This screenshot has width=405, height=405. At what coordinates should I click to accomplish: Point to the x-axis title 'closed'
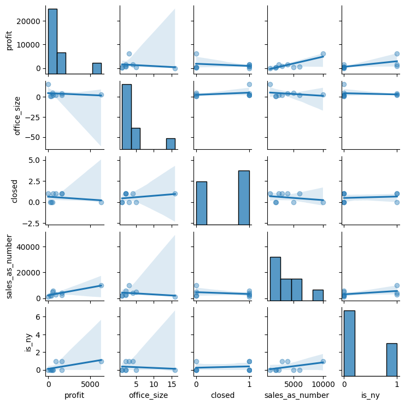point(222,395)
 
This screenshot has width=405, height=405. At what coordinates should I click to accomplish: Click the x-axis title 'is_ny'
point(370,395)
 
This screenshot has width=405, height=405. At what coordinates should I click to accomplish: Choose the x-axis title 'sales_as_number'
point(296,395)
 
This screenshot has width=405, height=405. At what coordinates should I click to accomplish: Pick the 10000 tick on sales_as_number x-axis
point(322,384)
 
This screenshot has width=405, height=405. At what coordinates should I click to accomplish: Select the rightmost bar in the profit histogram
point(97,68)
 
